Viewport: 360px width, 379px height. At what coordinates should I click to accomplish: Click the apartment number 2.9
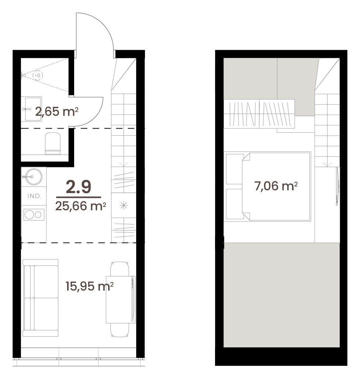[x=79, y=187]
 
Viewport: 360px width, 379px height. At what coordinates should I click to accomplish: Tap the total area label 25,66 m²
[x=81, y=206]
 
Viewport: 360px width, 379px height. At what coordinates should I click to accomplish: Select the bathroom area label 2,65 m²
[x=56, y=112]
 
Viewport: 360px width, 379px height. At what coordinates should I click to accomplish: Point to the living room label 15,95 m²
[x=90, y=286]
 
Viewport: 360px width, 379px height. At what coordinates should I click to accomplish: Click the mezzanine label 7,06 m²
[x=276, y=186]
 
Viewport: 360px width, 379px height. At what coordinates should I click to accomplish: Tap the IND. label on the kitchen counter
[x=34, y=196]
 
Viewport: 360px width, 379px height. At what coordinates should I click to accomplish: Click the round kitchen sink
[x=34, y=177]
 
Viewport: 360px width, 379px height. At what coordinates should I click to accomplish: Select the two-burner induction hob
[x=34, y=215]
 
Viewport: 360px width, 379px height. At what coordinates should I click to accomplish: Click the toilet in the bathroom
[x=53, y=143]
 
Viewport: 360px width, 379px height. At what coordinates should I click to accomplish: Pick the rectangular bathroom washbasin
[x=33, y=109]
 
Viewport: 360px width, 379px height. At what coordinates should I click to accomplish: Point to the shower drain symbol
[x=38, y=76]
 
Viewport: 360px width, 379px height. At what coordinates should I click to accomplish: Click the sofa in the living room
[x=41, y=298]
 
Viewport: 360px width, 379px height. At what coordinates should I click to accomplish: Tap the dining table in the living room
[x=120, y=299]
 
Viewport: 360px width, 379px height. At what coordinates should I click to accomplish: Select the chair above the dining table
[x=120, y=269]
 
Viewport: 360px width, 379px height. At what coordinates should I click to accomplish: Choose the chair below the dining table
[x=120, y=330]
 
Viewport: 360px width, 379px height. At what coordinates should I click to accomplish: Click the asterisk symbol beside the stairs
[x=124, y=206]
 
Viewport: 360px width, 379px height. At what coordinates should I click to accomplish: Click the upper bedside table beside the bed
[x=235, y=169]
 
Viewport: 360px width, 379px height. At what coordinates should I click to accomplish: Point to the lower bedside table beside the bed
[x=235, y=204]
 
